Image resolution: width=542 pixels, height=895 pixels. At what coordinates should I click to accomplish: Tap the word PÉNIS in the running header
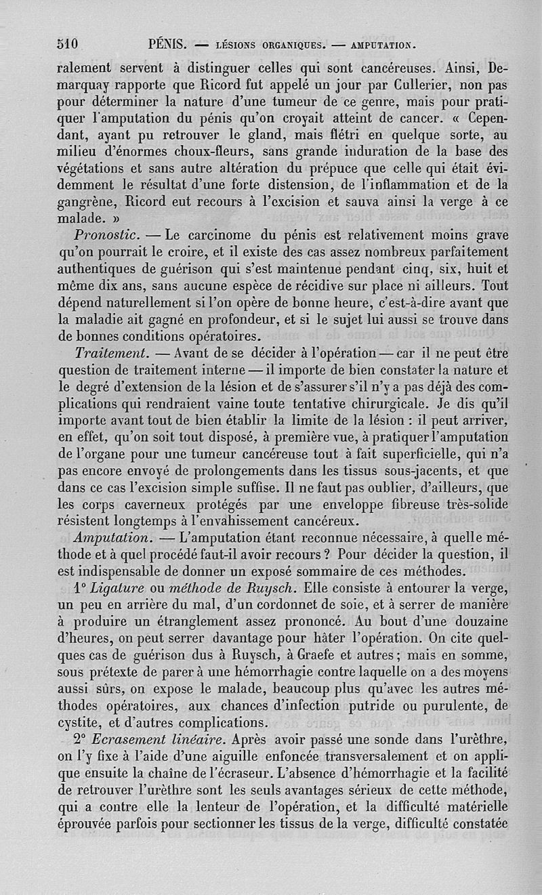tap(167, 45)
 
